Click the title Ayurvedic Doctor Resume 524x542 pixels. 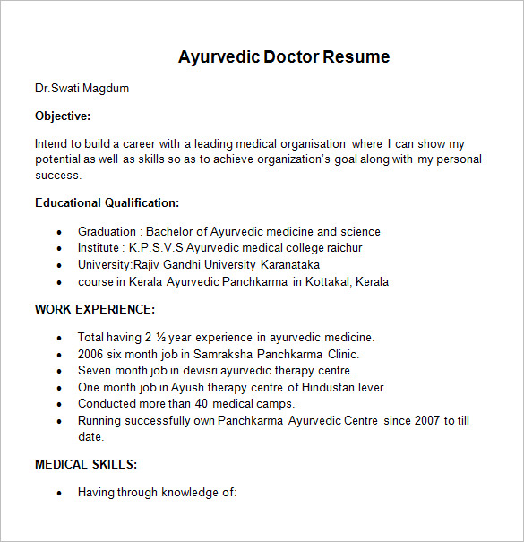click(x=284, y=57)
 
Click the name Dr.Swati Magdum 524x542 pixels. click(x=82, y=89)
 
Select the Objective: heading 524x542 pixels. click(x=63, y=116)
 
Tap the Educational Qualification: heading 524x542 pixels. click(x=107, y=203)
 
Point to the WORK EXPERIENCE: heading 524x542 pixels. click(x=95, y=309)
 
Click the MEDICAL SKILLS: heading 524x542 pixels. click(x=86, y=464)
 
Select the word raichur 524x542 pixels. click(x=341, y=248)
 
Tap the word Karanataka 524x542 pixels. click(x=289, y=265)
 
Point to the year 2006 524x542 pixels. click(x=92, y=354)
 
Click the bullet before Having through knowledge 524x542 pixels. click(x=59, y=493)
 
